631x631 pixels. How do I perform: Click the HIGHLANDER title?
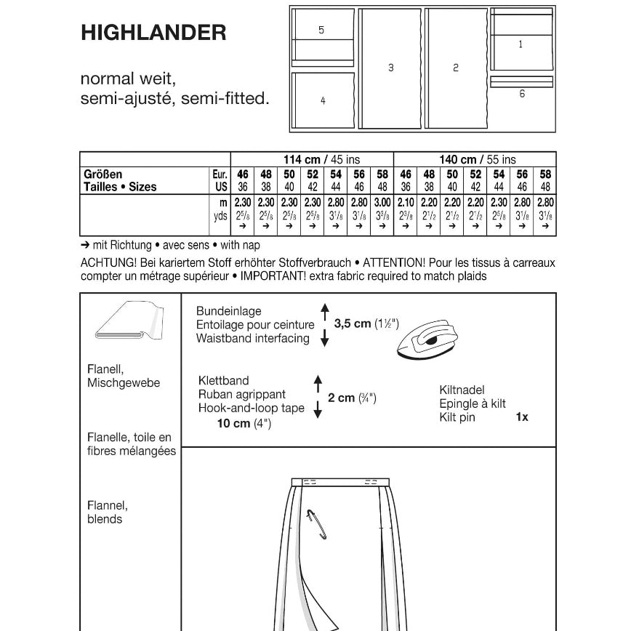coord(153,33)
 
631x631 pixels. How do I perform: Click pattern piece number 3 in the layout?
coord(391,68)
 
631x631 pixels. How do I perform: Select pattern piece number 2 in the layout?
coord(456,68)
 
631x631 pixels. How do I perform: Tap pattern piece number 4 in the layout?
coord(323,100)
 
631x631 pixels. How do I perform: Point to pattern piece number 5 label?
coord(321,30)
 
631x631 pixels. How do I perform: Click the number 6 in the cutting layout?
coord(522,94)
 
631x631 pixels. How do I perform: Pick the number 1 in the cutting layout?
coord(521,44)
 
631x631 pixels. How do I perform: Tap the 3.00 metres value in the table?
coord(382,203)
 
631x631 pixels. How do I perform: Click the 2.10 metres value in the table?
coord(406,203)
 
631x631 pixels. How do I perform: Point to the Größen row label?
coord(103,174)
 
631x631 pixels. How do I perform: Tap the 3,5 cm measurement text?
coord(353,323)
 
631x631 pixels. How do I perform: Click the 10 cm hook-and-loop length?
coord(234,424)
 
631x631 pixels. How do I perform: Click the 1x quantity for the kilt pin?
coord(521,417)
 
